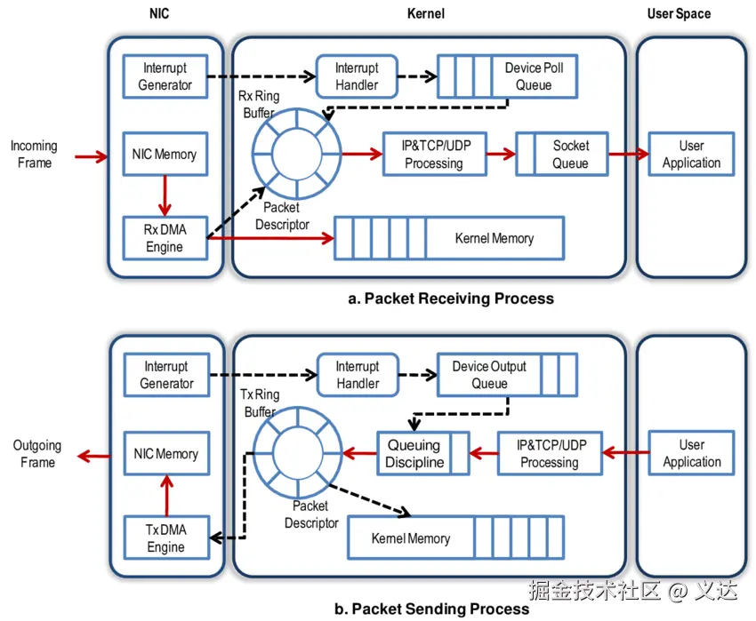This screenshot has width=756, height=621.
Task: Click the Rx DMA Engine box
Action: point(165,238)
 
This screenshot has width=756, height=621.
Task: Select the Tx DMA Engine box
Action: point(165,538)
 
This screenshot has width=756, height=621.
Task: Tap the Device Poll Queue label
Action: point(534,76)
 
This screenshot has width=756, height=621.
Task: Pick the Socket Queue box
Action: point(561,155)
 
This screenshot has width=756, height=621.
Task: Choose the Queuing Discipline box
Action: point(422,453)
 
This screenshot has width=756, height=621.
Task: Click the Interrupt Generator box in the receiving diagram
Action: point(165,76)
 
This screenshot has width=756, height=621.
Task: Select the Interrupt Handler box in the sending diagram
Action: point(357,375)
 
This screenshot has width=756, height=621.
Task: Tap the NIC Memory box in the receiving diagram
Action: point(165,155)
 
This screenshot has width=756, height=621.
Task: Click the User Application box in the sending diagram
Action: point(691,453)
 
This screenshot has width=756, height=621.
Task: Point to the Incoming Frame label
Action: point(34,155)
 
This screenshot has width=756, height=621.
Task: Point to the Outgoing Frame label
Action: point(36,454)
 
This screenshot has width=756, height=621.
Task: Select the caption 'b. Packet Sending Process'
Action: point(431,609)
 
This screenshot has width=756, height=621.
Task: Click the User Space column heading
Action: point(680,13)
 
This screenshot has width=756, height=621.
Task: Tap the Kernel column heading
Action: point(424,13)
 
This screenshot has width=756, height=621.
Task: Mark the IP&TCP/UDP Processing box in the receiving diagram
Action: point(434,155)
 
